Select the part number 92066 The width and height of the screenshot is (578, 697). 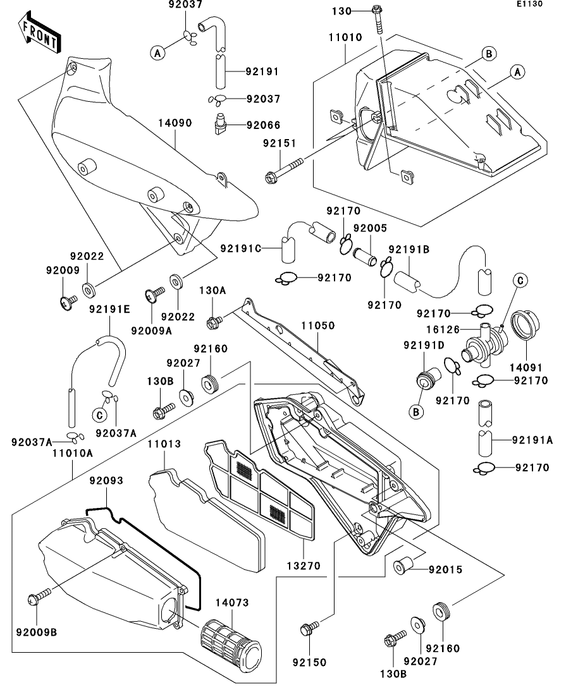(x=264, y=125)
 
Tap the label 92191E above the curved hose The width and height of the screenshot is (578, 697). (x=109, y=309)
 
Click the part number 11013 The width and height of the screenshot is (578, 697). (x=164, y=444)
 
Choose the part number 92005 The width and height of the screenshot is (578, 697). (x=369, y=227)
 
